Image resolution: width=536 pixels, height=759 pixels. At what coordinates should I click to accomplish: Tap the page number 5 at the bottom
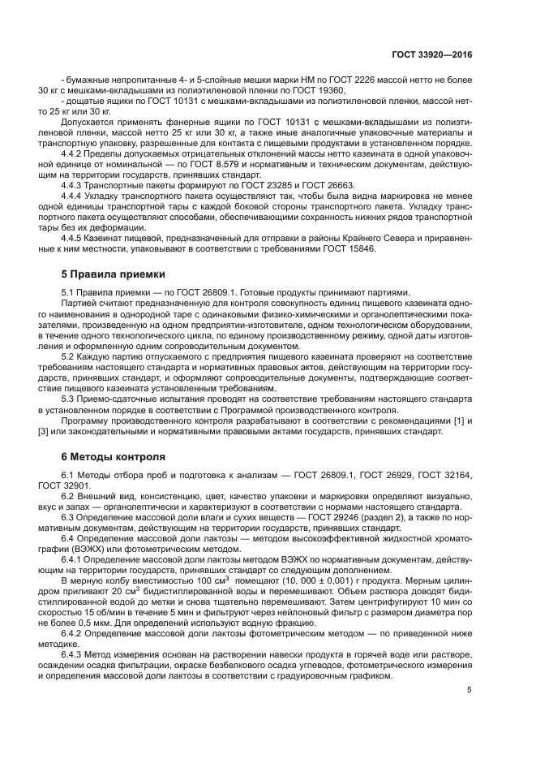click(469, 690)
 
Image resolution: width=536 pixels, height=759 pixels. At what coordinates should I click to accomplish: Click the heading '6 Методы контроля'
click(114, 456)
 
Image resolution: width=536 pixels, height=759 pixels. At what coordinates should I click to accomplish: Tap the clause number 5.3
click(69, 400)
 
